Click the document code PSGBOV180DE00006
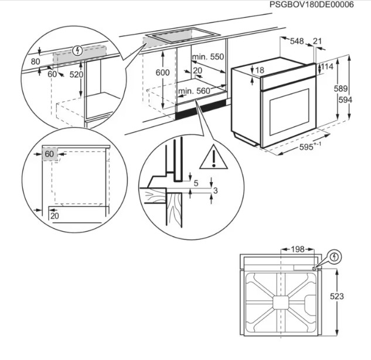311,5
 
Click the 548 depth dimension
297,41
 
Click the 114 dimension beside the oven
327,67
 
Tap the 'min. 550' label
208,57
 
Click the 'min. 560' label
193,91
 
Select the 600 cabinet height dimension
163,72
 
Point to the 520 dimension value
76,75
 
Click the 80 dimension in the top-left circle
35,61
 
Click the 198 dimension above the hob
298,249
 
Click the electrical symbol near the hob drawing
335,256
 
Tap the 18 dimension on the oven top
260,70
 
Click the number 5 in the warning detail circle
196,182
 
